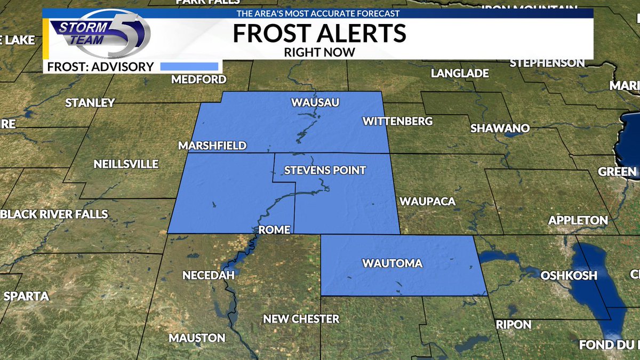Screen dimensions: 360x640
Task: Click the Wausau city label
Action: pos(315,102)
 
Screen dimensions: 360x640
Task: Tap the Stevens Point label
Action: pos(325,171)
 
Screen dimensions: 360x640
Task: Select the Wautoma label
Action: pos(392,263)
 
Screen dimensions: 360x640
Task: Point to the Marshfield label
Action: pos(212,146)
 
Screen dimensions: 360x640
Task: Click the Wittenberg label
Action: pos(397,122)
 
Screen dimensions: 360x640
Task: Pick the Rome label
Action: pos(274,230)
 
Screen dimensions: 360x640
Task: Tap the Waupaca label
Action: pos(427,201)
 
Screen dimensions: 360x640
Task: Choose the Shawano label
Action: pos(499,129)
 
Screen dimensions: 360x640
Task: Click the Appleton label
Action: pos(578,220)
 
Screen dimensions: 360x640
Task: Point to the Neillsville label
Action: pos(126,164)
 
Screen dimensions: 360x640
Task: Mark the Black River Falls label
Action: pos(55,214)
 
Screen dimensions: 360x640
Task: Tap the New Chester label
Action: pos(301,319)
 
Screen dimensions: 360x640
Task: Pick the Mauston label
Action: pos(197,338)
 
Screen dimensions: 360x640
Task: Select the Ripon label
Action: pos(513,324)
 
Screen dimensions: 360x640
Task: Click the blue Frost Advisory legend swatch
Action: pos(190,67)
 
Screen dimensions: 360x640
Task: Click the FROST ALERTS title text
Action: pos(319,33)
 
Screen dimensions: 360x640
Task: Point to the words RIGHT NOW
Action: pos(319,52)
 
